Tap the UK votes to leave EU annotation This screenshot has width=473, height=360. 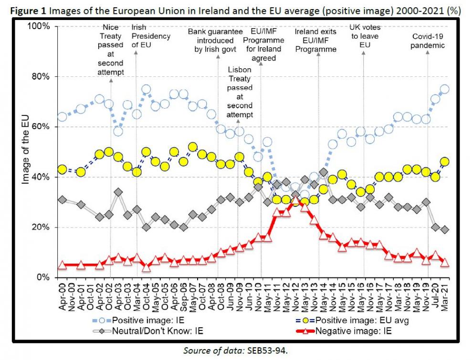tap(365, 36)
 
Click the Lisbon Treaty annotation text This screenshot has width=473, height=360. tap(240, 93)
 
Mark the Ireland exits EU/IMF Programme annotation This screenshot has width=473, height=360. tap(315, 41)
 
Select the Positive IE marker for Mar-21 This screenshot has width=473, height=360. tap(444, 89)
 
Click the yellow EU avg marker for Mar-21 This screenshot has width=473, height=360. tap(444, 162)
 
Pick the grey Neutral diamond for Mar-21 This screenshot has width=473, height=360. tap(444, 230)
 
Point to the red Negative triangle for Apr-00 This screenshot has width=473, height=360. tap(62, 265)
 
